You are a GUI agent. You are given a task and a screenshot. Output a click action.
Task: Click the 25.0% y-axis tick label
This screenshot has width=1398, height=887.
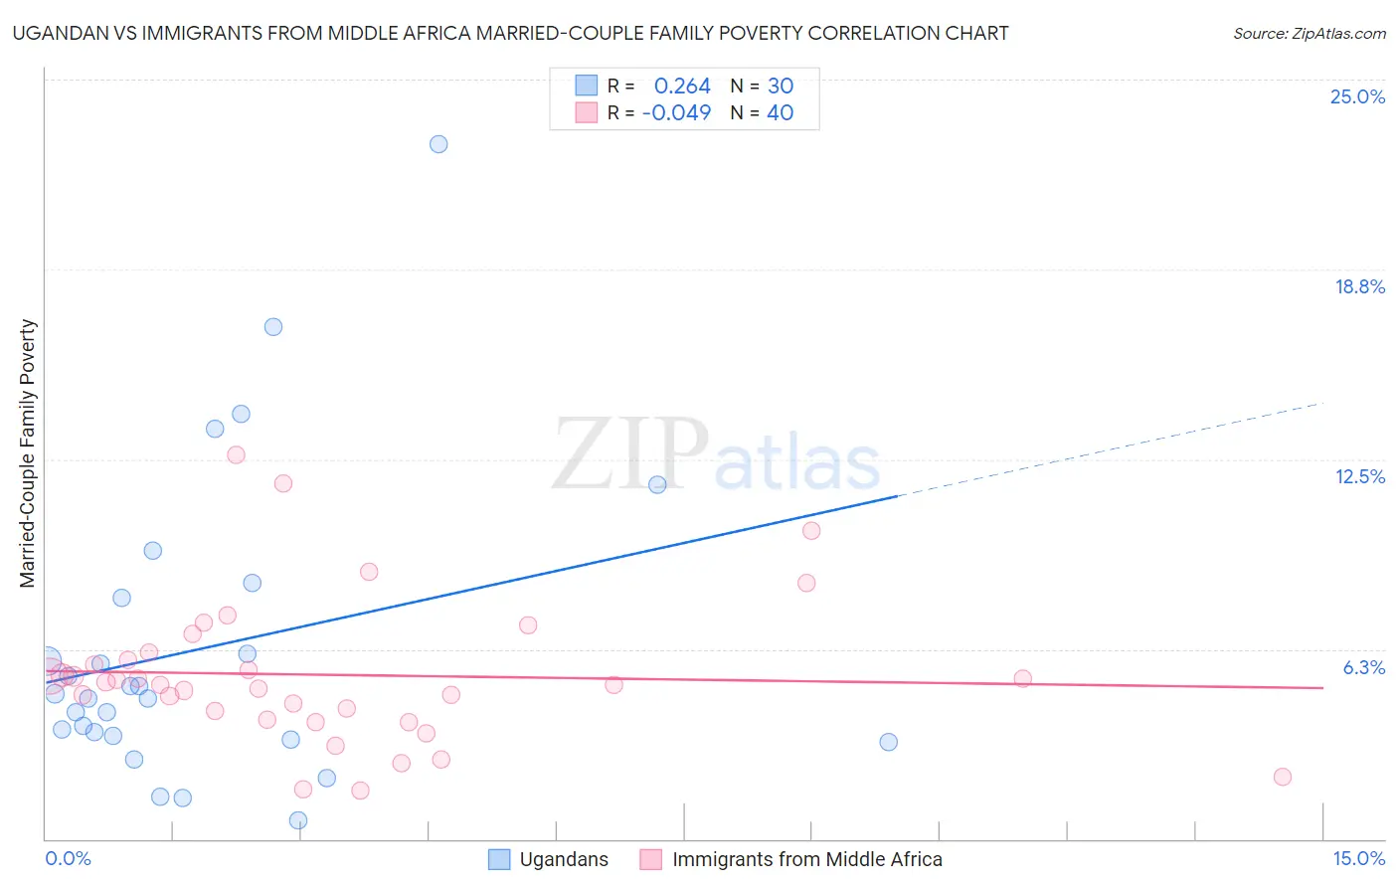coord(1357,96)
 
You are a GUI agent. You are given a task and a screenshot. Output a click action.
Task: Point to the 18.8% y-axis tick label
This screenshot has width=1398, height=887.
coord(1359,286)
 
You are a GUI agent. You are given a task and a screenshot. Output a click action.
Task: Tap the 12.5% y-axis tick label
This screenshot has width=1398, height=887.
coord(1359,476)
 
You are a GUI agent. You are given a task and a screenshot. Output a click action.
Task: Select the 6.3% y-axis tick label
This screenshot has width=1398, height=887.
coord(1363,667)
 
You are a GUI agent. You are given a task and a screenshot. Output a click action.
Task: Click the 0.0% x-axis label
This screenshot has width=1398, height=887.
coord(68,858)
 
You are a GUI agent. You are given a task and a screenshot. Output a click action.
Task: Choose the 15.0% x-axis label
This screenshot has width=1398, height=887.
coord(1358,858)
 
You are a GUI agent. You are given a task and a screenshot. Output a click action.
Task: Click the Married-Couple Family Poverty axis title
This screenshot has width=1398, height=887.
coord(28,452)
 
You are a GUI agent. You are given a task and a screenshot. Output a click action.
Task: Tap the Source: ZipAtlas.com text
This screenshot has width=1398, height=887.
coord(1309,34)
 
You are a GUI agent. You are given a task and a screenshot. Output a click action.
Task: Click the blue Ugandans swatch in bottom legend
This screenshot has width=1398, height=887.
coord(499,859)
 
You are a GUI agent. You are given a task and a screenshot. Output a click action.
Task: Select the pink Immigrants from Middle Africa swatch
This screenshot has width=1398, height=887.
coord(651,859)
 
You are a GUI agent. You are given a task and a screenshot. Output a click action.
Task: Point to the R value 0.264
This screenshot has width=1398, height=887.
coord(682,87)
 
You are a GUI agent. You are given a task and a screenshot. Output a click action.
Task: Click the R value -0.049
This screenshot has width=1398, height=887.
coord(676,113)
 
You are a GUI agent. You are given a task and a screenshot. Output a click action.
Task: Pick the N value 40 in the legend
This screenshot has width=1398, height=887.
coord(780,113)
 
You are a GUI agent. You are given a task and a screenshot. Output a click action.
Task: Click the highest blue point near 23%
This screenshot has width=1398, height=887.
coord(438,144)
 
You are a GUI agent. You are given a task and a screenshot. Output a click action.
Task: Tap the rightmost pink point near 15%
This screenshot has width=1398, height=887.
coord(1283,777)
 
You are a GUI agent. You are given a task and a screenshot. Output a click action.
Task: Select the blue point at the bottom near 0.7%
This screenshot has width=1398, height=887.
coord(298,820)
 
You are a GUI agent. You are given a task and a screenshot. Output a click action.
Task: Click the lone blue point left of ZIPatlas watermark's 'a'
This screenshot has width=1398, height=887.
coord(657,485)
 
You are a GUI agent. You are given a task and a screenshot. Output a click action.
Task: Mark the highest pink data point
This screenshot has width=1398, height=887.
coord(236,454)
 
